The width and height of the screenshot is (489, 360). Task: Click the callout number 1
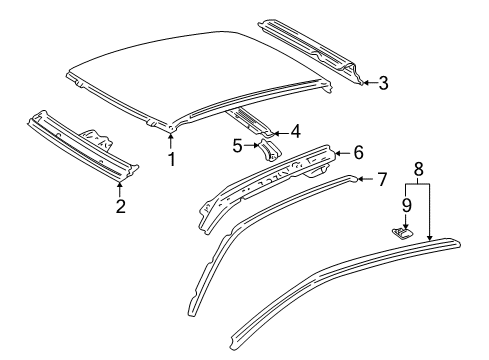(171, 158)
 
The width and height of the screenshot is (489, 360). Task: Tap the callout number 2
(120, 207)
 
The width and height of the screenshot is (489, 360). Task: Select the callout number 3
(383, 83)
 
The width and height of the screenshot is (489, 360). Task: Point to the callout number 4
(295, 131)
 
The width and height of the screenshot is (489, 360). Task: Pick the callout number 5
(236, 146)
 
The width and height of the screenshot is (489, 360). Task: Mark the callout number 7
(381, 180)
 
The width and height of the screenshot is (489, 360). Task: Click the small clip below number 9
(400, 232)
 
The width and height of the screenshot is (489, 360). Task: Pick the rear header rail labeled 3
(310, 50)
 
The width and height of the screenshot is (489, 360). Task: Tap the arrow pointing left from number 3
(367, 83)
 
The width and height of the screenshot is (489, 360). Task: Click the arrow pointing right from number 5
(251, 146)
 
